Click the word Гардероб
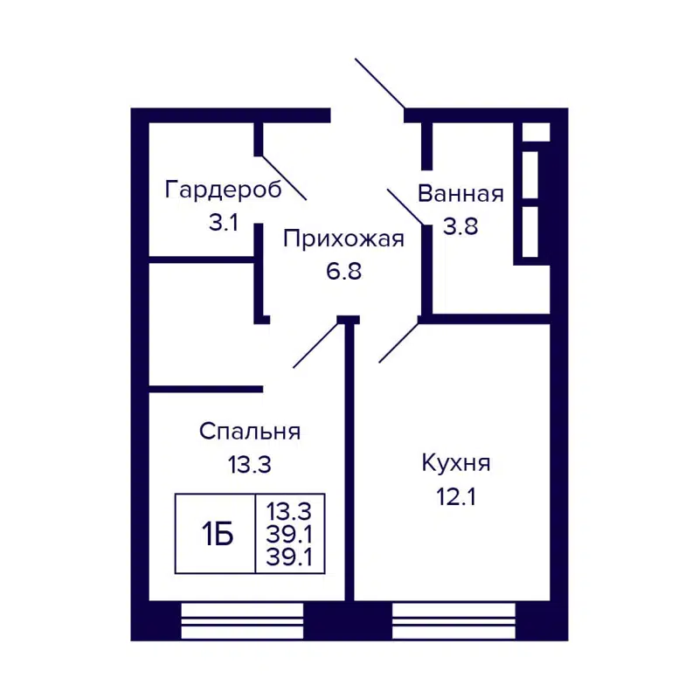coord(224,190)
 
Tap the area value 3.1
coord(224,222)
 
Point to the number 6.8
coord(343,271)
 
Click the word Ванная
coord(460,194)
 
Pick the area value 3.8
coord(460,225)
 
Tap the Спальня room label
coord(250,432)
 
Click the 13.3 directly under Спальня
coord(250,465)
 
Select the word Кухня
coord(456,463)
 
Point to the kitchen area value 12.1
coord(456,496)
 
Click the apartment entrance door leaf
coord(379,84)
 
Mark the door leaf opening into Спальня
coord(315,345)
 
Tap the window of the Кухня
coord(453,620)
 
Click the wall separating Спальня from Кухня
coord(349,463)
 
